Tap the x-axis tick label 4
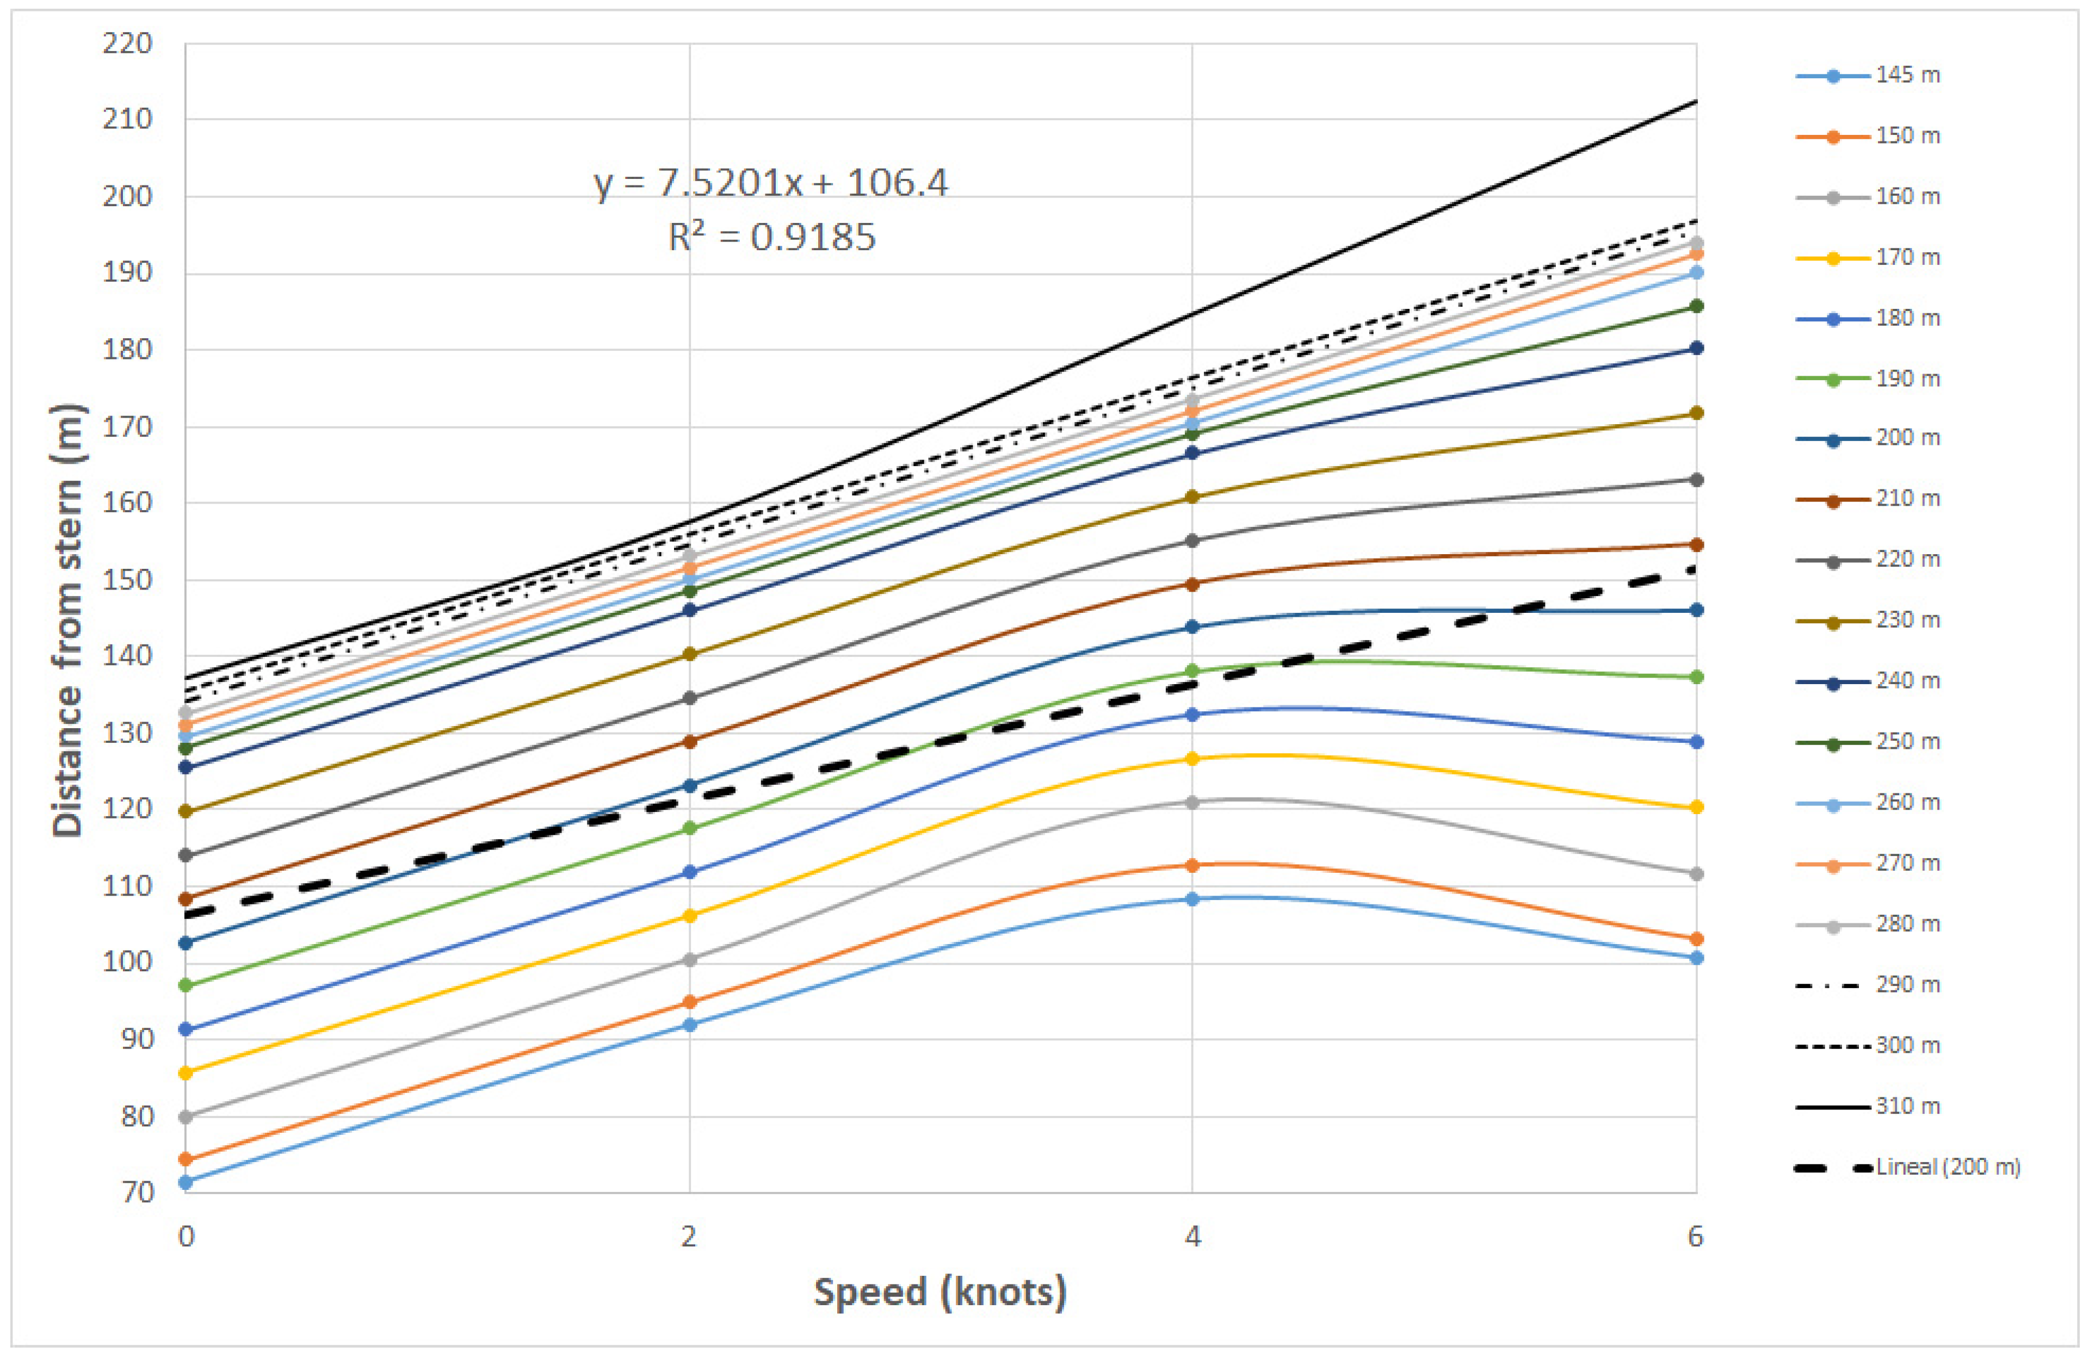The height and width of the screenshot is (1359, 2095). [x=1192, y=1237]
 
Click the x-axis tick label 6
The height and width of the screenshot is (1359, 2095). [x=1695, y=1237]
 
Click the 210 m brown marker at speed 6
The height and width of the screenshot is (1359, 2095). [x=1695, y=545]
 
